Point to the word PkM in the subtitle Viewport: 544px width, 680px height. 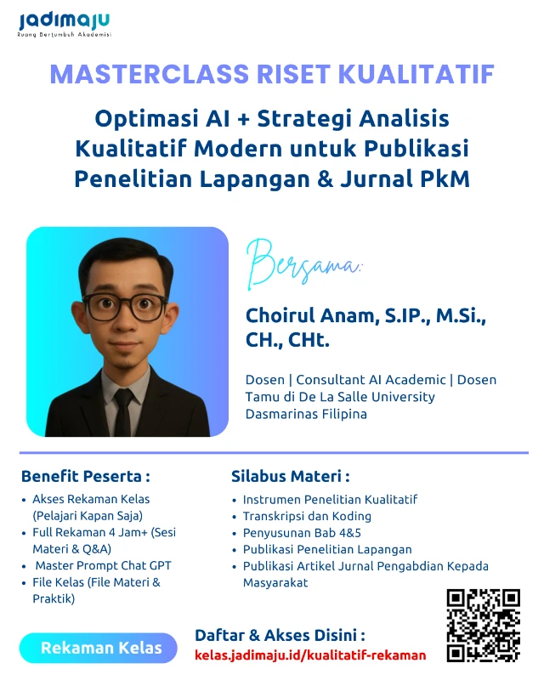pos(445,179)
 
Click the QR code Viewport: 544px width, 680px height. pos(483,625)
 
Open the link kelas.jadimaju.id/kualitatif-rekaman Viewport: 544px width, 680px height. pos(310,655)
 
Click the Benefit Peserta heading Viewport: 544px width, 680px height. pos(85,475)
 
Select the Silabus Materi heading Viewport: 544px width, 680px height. pos(290,475)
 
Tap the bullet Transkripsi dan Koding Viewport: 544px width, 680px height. pos(307,516)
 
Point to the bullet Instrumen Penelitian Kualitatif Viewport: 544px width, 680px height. pos(330,499)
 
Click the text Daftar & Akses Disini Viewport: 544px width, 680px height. pos(280,635)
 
